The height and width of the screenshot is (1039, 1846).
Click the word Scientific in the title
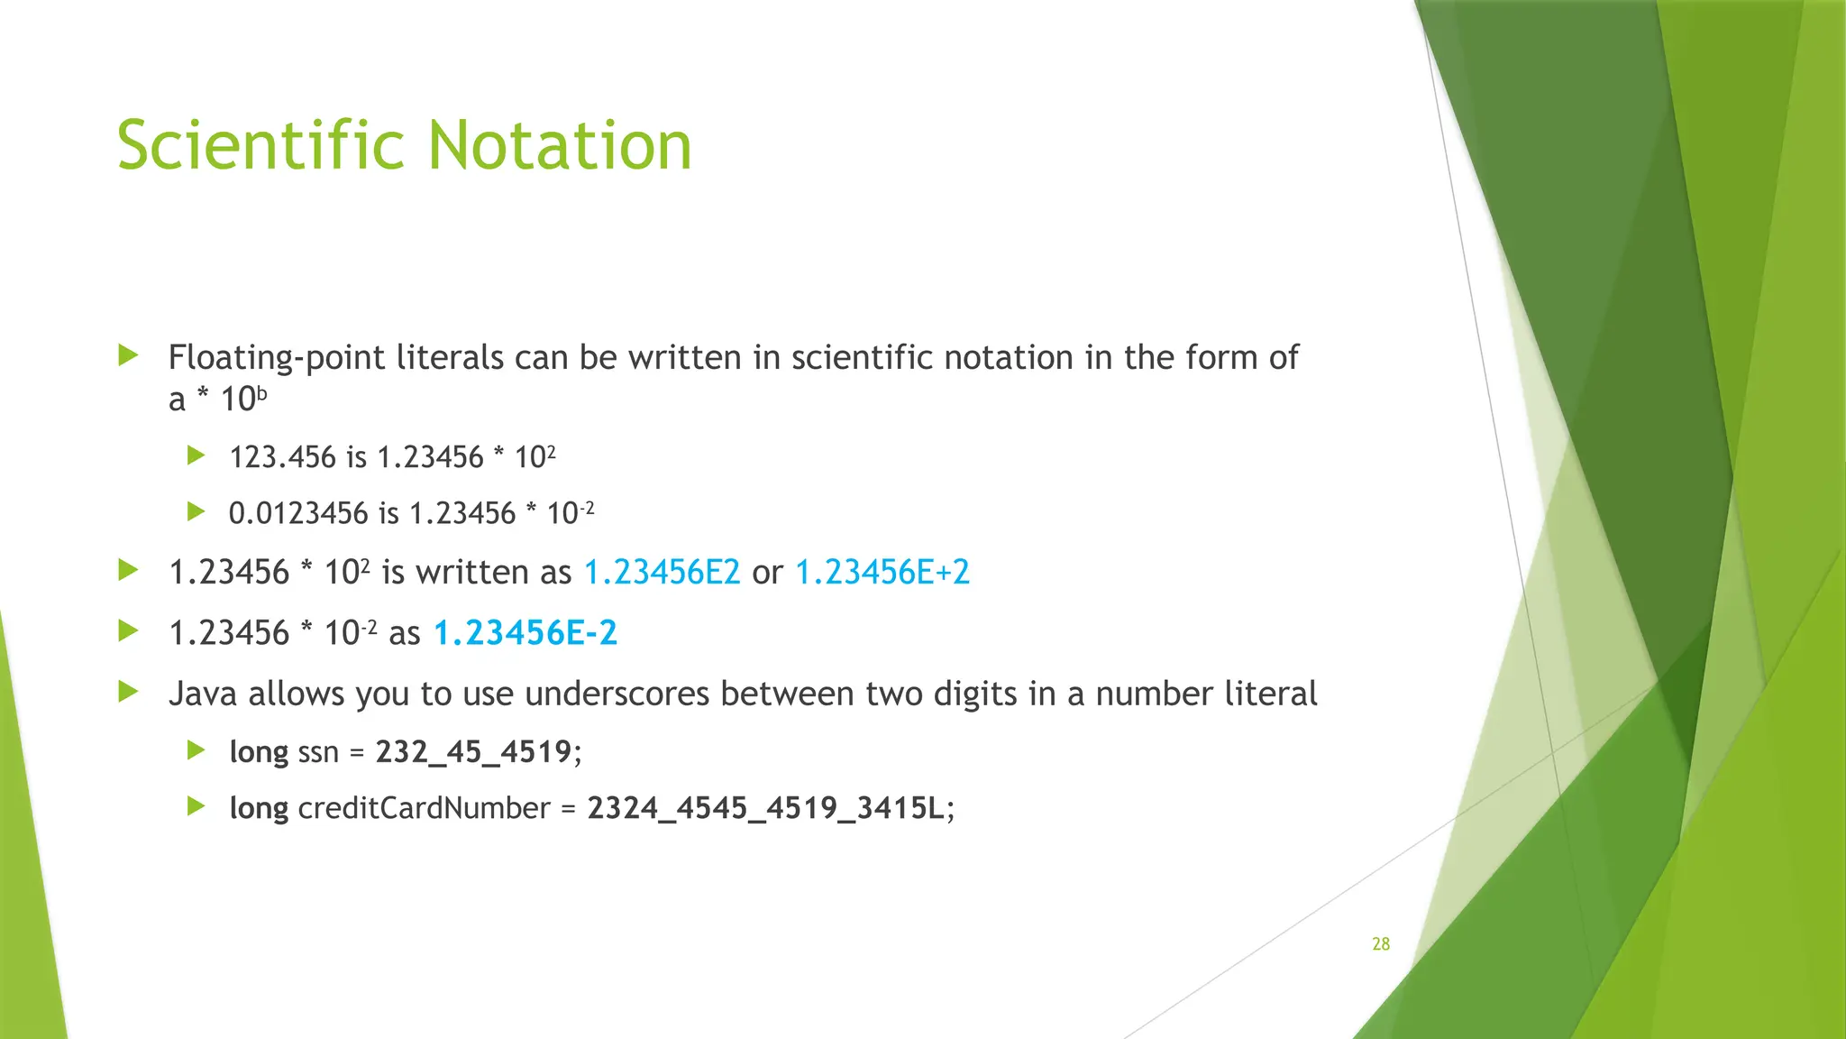point(261,146)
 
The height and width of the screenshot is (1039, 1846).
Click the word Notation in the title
point(559,146)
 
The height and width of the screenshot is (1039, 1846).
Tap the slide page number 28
point(1380,944)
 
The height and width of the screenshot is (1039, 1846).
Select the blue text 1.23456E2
point(662,573)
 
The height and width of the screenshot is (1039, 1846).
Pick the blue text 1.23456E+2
point(882,573)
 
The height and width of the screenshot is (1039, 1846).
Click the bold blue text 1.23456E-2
point(525,633)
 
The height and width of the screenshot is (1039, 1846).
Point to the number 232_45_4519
point(473,751)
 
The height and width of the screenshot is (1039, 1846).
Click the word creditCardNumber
point(424,808)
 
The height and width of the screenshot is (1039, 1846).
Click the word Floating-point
point(276,358)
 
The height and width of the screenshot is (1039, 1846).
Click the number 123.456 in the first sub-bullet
point(282,457)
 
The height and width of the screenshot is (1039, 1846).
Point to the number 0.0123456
point(298,513)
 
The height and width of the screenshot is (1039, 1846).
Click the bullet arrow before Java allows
point(128,693)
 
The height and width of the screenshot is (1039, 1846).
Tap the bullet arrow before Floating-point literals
point(128,355)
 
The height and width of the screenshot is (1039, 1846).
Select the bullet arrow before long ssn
point(196,749)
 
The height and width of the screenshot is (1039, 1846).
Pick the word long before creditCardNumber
point(259,808)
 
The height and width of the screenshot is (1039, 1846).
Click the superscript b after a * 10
point(262,393)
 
